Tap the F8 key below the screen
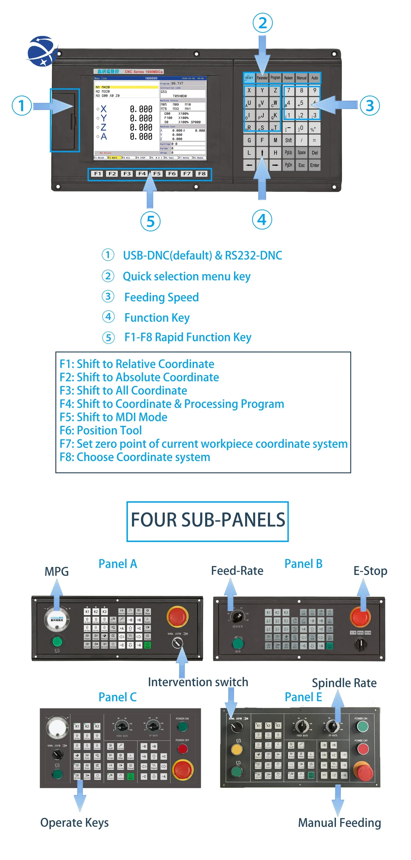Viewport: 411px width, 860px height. coord(202,174)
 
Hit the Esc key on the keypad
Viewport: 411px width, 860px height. coord(301,165)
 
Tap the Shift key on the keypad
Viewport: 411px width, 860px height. coord(288,140)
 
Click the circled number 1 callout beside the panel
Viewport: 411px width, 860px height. coord(22,106)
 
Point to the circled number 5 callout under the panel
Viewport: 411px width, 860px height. coord(150,221)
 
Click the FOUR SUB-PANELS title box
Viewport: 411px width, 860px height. coord(207,521)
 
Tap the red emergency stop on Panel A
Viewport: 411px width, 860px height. coord(177,616)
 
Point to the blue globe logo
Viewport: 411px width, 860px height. coord(41,51)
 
